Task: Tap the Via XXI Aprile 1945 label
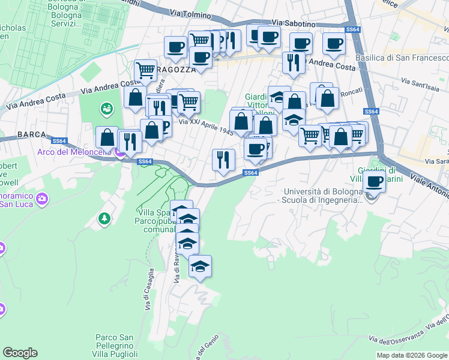click(205, 127)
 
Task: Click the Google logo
click(20, 353)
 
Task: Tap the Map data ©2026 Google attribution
click(411, 355)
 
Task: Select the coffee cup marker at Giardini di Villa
click(375, 181)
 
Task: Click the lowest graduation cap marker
click(200, 266)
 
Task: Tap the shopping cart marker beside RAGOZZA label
click(146, 71)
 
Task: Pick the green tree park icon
click(105, 218)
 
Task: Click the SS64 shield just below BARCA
click(59, 141)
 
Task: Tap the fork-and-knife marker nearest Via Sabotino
click(294, 62)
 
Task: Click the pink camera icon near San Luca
click(42, 198)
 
